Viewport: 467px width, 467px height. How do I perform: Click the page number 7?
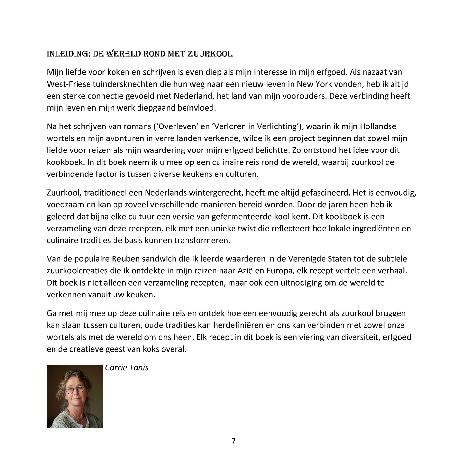click(x=233, y=441)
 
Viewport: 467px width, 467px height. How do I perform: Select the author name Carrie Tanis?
click(x=127, y=368)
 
